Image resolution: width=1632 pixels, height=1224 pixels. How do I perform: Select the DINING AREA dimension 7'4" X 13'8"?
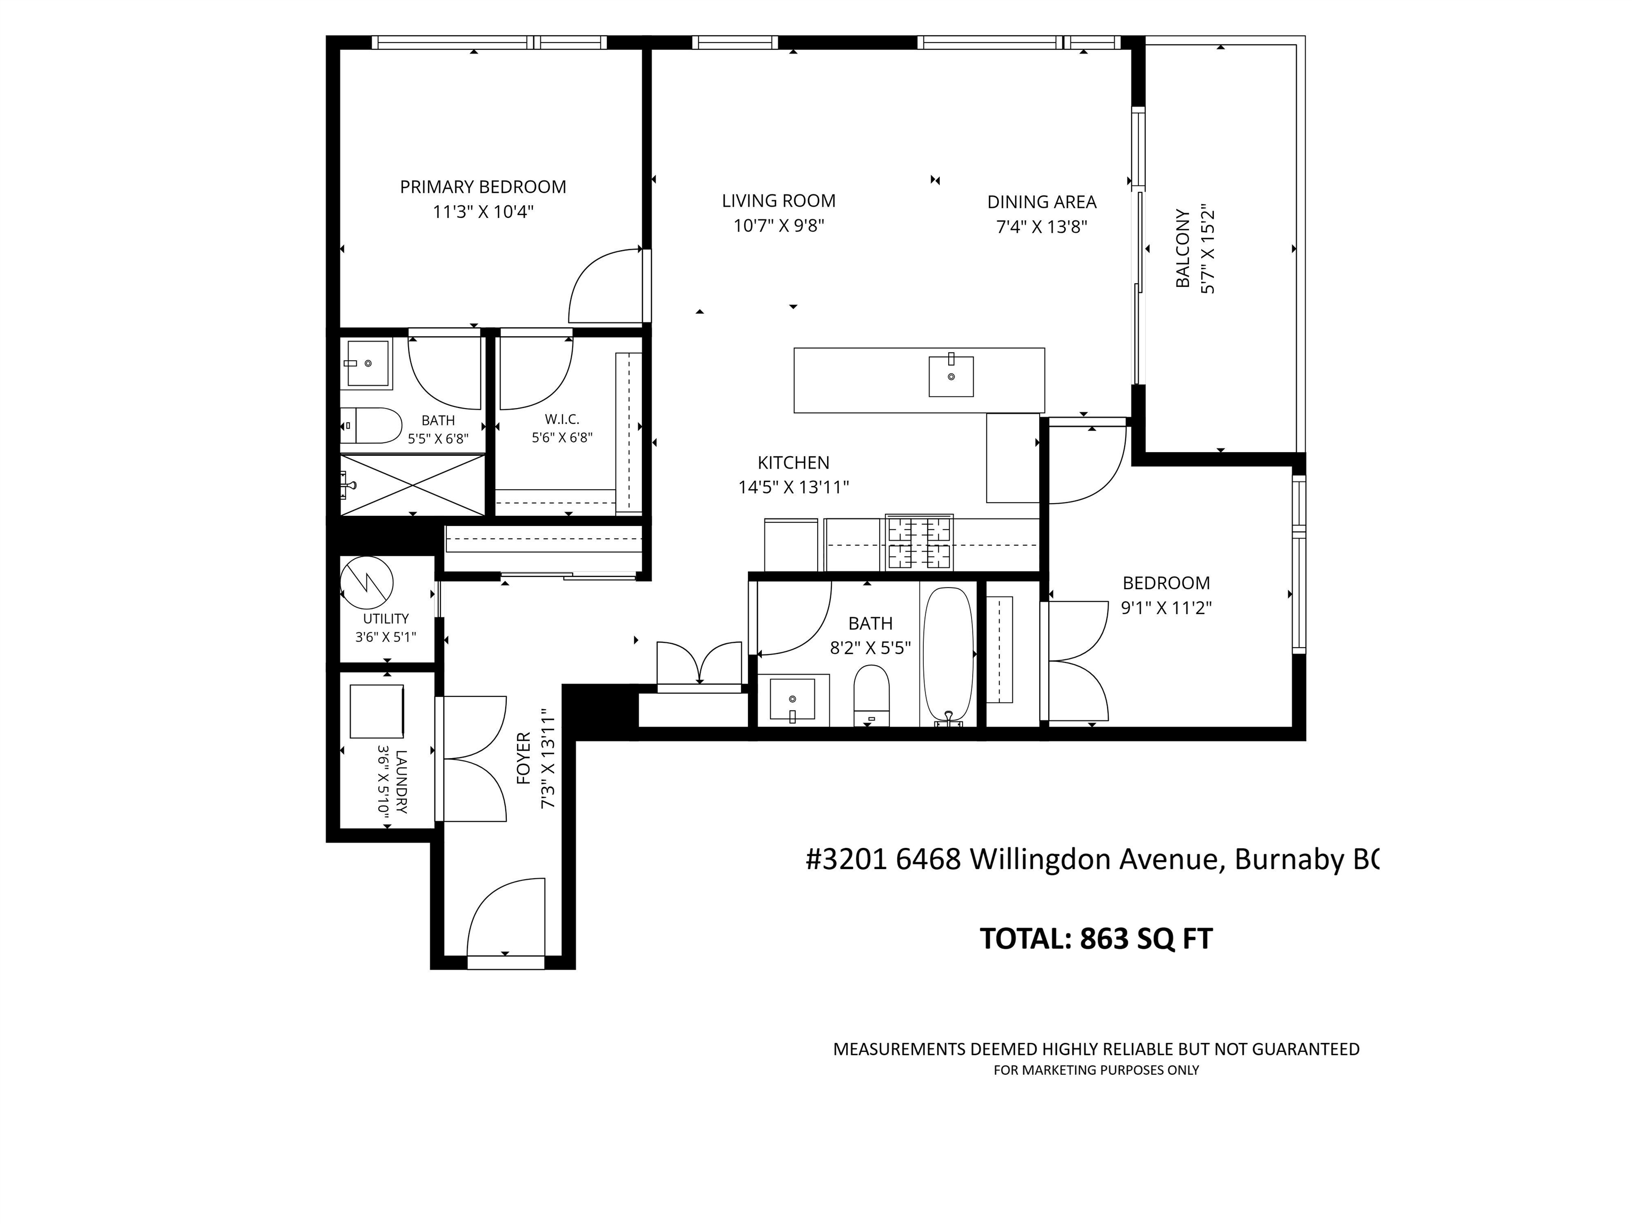pyautogui.click(x=1042, y=226)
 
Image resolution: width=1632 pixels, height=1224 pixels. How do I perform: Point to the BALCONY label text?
pyautogui.click(x=1183, y=248)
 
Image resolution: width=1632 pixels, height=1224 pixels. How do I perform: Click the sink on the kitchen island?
pyautogui.click(x=951, y=376)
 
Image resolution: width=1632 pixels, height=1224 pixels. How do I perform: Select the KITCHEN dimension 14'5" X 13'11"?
pyautogui.click(x=794, y=487)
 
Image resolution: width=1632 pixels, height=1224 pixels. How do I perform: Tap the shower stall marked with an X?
pyautogui.click(x=412, y=484)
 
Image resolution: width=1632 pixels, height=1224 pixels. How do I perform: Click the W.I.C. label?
pyautogui.click(x=562, y=419)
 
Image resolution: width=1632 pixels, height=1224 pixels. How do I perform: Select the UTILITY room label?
pyautogui.click(x=386, y=618)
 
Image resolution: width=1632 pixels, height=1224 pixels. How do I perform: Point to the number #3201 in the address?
pyautogui.click(x=847, y=859)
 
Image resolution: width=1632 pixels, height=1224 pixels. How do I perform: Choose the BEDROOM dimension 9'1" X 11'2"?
pyautogui.click(x=1167, y=608)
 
